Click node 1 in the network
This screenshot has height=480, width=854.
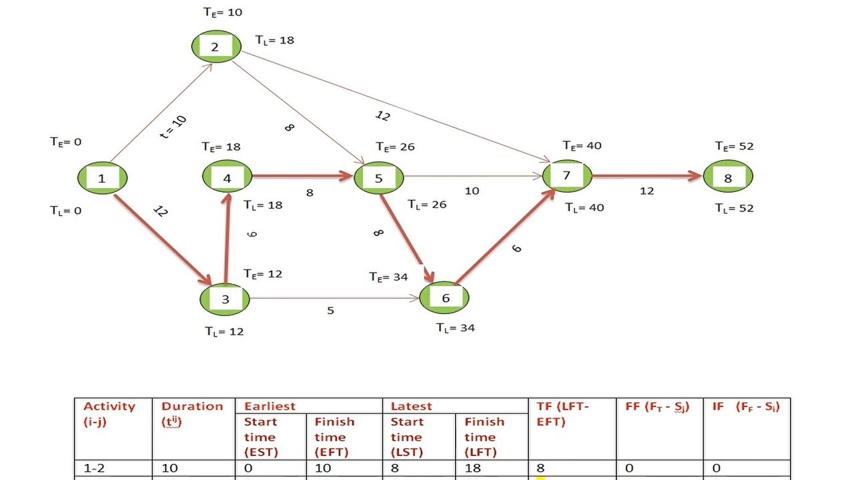(101, 178)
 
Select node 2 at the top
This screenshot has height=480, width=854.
(216, 47)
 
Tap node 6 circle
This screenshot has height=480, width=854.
(445, 298)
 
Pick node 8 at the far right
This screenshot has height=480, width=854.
(727, 177)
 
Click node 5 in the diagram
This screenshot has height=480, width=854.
(378, 178)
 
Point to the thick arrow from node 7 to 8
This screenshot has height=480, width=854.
(646, 177)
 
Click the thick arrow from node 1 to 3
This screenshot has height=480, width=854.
(163, 239)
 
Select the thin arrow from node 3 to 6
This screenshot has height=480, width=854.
(334, 298)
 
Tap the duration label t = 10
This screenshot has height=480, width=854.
(173, 127)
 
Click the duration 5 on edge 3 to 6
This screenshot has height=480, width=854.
(330, 311)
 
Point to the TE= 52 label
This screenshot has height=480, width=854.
(734, 146)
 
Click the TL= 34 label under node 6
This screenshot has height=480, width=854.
(456, 327)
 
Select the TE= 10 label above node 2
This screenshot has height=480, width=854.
(223, 12)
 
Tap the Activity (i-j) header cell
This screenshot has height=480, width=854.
(109, 413)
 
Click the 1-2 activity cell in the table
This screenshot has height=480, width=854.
(97, 468)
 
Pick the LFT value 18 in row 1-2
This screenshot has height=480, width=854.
(472, 468)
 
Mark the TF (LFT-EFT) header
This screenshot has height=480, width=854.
(562, 413)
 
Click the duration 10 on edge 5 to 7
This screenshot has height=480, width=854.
(472, 191)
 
